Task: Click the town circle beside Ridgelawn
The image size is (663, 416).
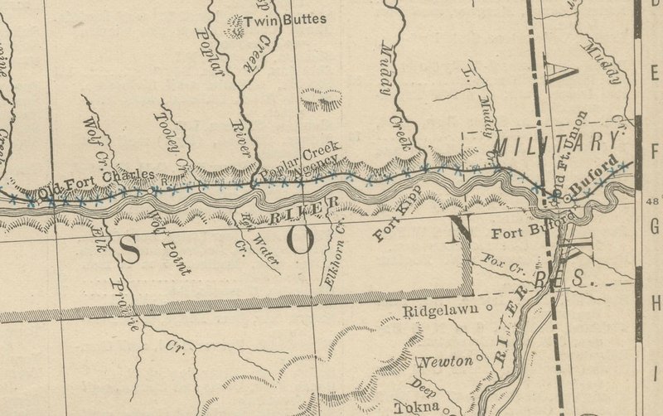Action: click(489, 309)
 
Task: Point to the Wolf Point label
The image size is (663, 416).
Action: click(171, 241)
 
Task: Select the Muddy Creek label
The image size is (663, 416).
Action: click(395, 95)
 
